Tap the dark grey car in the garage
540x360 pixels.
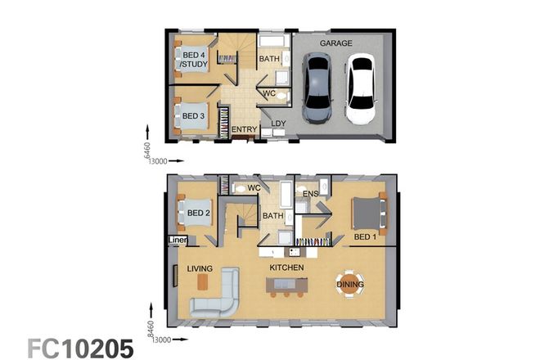click(316, 87)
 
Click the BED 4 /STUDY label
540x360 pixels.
click(195, 59)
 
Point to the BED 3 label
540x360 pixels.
click(193, 115)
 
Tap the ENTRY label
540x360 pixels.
click(244, 129)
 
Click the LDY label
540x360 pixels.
click(278, 124)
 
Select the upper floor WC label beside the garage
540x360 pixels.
click(268, 93)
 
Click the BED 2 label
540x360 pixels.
click(199, 214)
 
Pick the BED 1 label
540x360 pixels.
click(365, 237)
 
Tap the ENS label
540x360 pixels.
click(311, 194)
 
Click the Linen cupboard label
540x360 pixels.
click(177, 240)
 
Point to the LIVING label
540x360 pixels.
click(200, 268)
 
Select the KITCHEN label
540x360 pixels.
click(287, 268)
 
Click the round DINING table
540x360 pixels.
click(349, 284)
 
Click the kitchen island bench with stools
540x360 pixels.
click(286, 286)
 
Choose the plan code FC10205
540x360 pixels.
click(80, 348)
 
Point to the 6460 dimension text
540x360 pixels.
click(147, 151)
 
